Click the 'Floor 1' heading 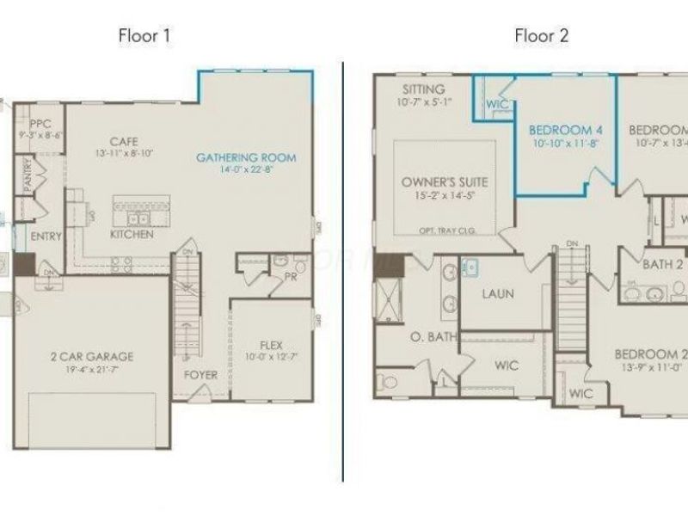pyautogui.click(x=144, y=35)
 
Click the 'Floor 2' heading pyautogui.click(x=541, y=35)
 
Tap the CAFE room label pyautogui.click(x=124, y=141)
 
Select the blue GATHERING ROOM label pyautogui.click(x=246, y=157)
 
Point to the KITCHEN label pyautogui.click(x=132, y=234)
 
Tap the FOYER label pyautogui.click(x=200, y=375)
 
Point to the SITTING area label pyautogui.click(x=423, y=89)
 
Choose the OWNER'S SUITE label pyautogui.click(x=445, y=182)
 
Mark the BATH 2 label pyautogui.click(x=663, y=265)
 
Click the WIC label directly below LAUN pyautogui.click(x=507, y=365)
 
